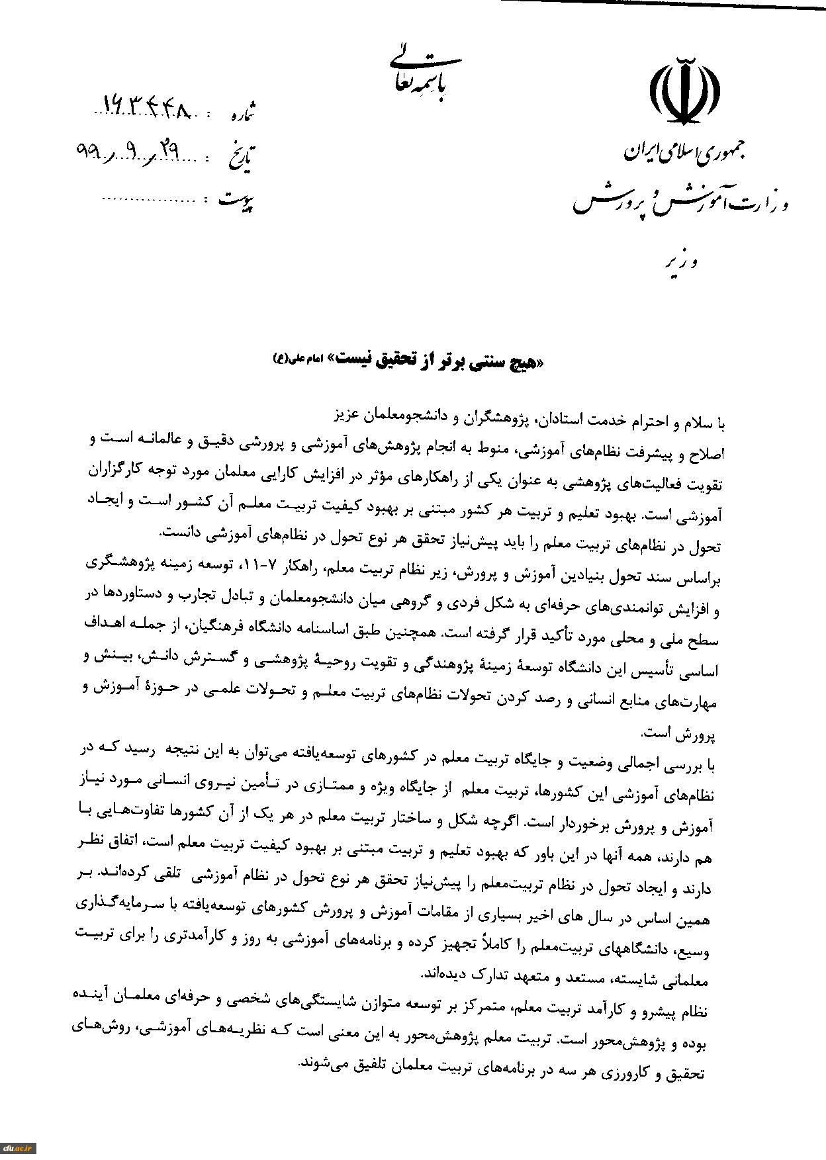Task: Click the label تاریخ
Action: pos(240,157)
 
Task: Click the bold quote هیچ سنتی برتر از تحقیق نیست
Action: pos(443,361)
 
